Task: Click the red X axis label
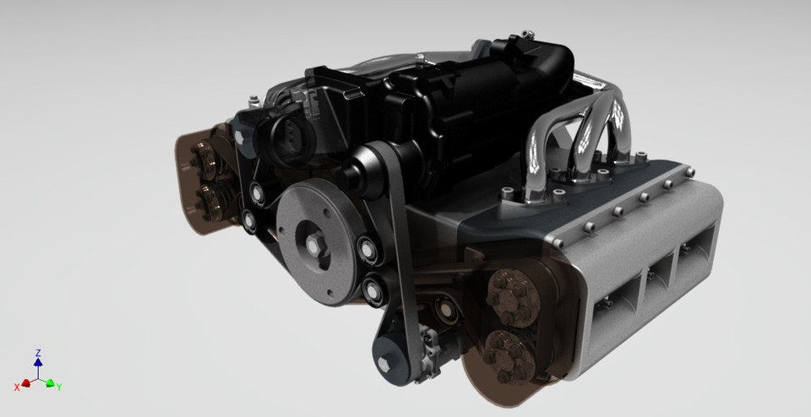pos(17,387)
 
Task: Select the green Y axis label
pos(60,387)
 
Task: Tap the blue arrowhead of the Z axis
pos(38,362)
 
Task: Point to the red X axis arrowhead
pos(26,383)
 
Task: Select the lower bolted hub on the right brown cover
pos(503,349)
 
